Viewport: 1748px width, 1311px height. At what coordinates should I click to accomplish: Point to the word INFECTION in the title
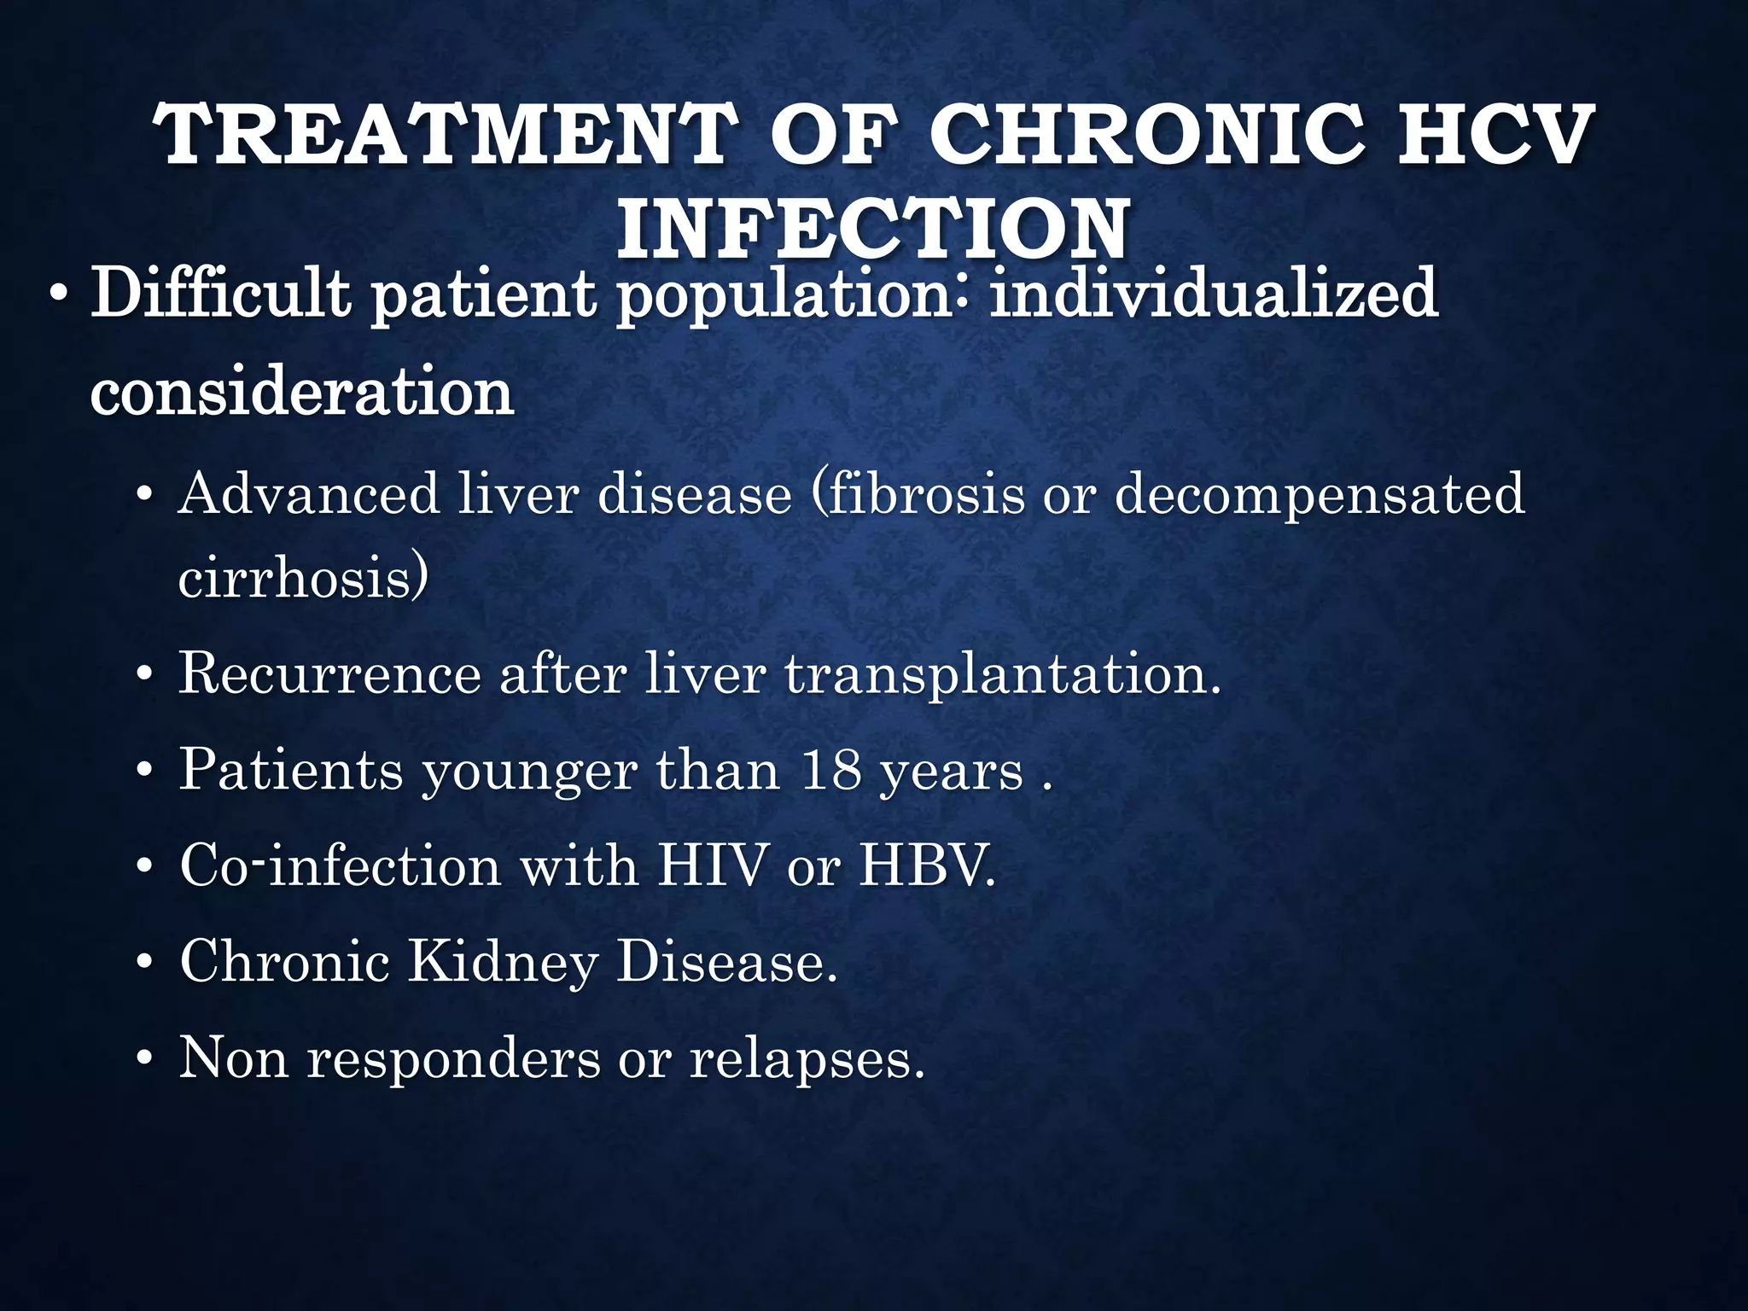[x=874, y=229]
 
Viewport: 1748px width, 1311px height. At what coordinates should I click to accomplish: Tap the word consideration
[x=302, y=393]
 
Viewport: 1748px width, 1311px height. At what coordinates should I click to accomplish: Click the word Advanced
[x=308, y=494]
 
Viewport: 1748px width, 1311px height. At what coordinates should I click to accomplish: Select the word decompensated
[x=1320, y=496]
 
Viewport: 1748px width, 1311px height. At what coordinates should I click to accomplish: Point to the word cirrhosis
[x=300, y=579]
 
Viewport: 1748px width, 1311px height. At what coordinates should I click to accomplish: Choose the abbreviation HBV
[x=925, y=865]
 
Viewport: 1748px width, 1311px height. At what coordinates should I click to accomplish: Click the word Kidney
[x=503, y=963]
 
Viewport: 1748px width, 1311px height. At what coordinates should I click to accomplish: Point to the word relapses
[x=806, y=1060]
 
